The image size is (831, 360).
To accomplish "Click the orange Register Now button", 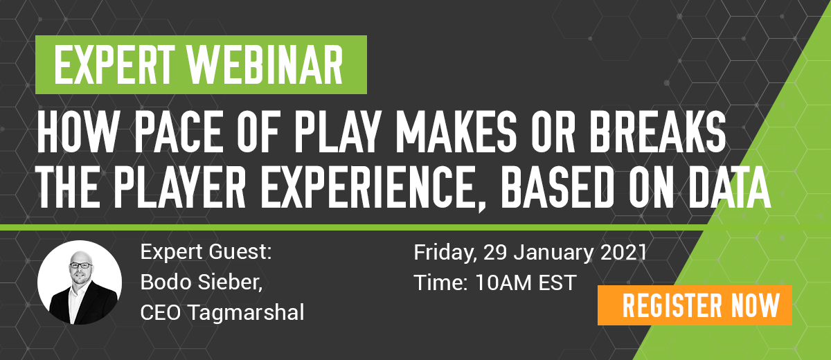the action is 695,305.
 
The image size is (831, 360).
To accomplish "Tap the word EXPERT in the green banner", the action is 114,64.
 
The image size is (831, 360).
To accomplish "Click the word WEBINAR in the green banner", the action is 265,64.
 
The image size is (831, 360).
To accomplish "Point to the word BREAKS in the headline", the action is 657,132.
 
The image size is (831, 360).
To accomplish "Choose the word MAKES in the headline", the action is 456,132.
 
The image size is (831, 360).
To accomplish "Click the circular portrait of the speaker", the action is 80,282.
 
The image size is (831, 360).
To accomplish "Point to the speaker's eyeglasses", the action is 81,265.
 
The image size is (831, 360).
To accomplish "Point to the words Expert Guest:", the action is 206,252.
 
